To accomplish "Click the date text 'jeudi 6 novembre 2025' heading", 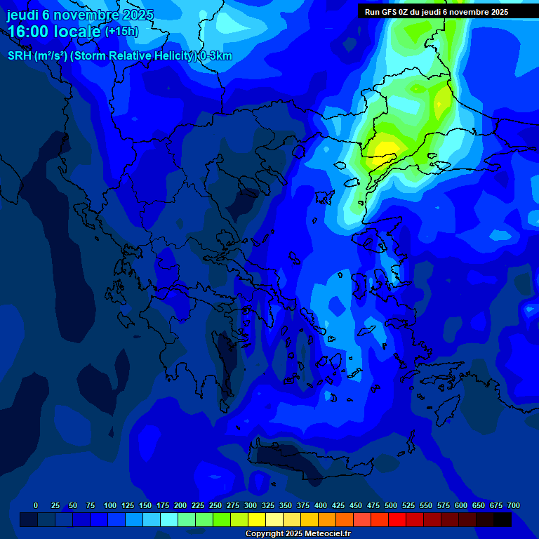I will point(80,15).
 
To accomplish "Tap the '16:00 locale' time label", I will point(55,31).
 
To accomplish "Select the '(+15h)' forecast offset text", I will point(121,32).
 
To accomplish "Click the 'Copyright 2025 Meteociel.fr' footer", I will point(298,533).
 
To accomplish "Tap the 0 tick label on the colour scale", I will point(36,505).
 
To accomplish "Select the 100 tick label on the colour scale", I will point(110,505).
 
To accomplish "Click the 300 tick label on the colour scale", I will point(251,505).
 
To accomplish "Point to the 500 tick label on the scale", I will point(391,505).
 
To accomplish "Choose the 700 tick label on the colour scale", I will point(514,505).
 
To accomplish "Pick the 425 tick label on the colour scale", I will point(338,505).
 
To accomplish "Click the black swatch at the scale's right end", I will point(503,519).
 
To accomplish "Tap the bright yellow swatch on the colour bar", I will point(257,519).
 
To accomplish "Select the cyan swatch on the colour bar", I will point(169,519).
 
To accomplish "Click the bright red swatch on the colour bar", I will point(397,519).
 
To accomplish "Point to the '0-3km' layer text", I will point(216,56).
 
